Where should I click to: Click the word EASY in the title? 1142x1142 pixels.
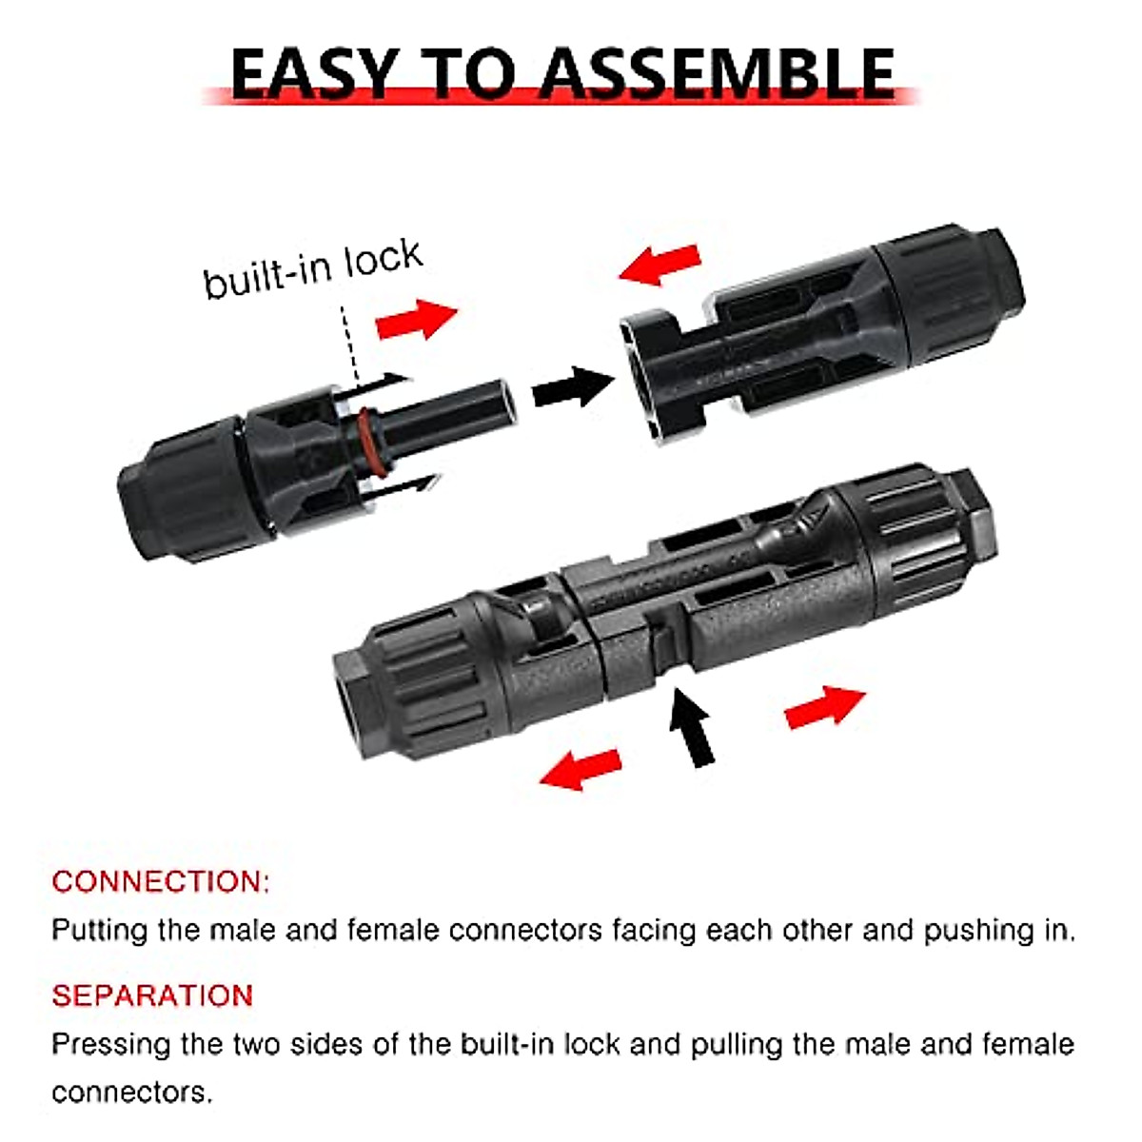(x=314, y=73)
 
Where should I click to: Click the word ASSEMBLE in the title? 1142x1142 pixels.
(x=719, y=73)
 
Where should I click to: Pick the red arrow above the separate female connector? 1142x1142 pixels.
(x=660, y=263)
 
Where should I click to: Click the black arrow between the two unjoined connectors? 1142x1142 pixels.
(x=572, y=386)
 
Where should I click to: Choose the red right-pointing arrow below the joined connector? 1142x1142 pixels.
(x=824, y=706)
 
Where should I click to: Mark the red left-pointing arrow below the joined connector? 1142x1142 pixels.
(x=581, y=768)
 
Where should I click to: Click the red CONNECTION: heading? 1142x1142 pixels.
(x=161, y=881)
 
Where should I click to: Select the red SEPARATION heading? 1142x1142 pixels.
(x=152, y=995)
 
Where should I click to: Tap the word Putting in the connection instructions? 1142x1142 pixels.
(x=99, y=930)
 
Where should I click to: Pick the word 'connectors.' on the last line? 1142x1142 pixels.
(x=132, y=1092)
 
